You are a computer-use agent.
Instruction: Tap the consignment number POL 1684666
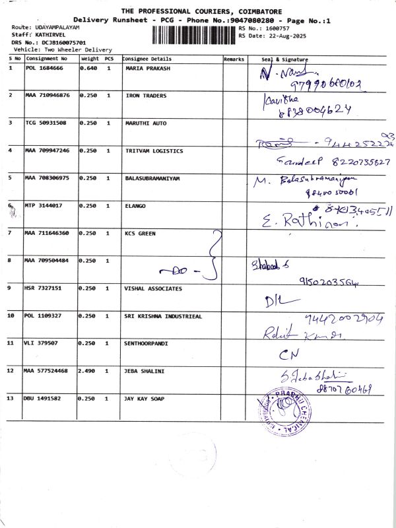44,68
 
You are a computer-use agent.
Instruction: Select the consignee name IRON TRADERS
145,96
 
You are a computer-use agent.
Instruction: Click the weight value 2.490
88,371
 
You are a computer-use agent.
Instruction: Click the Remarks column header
234,59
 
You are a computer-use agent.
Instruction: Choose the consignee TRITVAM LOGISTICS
154,150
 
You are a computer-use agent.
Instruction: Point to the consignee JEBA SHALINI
145,371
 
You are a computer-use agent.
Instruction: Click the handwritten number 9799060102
323,84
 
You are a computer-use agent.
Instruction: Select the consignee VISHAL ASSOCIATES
154,288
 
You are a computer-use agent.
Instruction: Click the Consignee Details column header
147,59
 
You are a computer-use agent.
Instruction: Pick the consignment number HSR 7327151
44,288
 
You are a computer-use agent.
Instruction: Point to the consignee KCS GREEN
140,233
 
